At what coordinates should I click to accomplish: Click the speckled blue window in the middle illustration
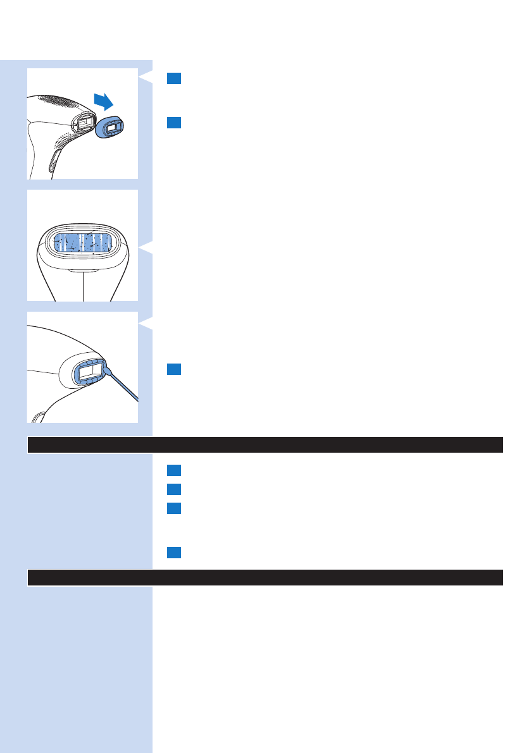pyautogui.click(x=84, y=243)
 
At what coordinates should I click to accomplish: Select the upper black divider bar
pyautogui.click(x=265, y=444)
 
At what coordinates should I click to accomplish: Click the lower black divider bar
pyautogui.click(x=265, y=577)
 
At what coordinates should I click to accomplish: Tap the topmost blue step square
pyautogui.click(x=175, y=78)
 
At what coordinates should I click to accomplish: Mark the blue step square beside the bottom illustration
pyautogui.click(x=175, y=369)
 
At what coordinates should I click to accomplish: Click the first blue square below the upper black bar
pyautogui.click(x=175, y=470)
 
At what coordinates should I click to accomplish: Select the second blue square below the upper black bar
pyautogui.click(x=175, y=489)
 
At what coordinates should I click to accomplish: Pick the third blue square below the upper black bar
pyautogui.click(x=175, y=508)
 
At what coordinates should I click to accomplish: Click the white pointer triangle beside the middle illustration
pyautogui.click(x=146, y=245)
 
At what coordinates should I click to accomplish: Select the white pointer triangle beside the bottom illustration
pyautogui.click(x=146, y=324)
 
